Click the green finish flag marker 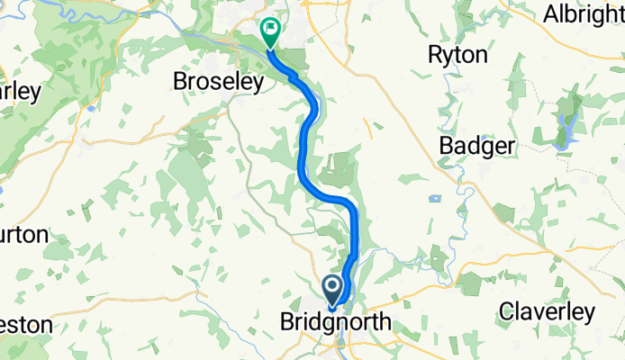(269, 32)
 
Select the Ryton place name (457, 56)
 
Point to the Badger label (476, 146)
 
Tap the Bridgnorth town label (335, 322)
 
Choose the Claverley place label (547, 312)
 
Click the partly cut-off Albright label (584, 14)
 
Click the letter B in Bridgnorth (288, 322)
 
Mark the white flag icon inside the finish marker (269, 29)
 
